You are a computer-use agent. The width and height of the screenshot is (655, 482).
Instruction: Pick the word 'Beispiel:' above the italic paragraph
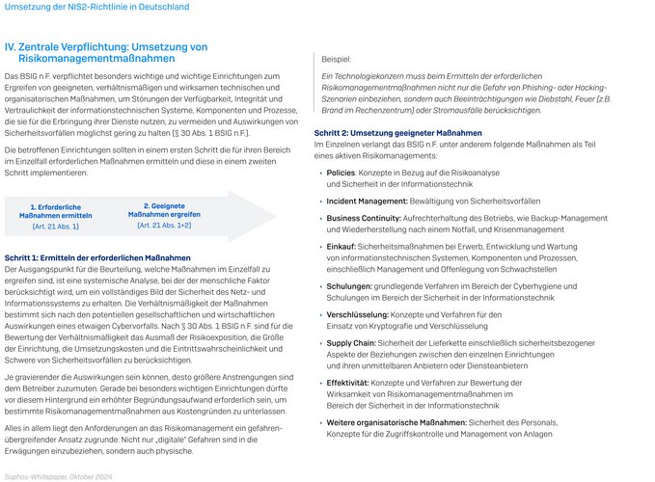[x=338, y=60]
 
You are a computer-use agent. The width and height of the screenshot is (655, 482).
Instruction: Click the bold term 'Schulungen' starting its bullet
[x=349, y=286]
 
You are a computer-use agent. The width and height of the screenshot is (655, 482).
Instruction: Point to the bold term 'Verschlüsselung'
[x=358, y=314]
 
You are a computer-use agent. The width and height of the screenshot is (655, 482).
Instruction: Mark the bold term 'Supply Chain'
[x=352, y=342]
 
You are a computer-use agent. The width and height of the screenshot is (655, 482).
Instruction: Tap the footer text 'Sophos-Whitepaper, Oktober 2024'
[x=59, y=475]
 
